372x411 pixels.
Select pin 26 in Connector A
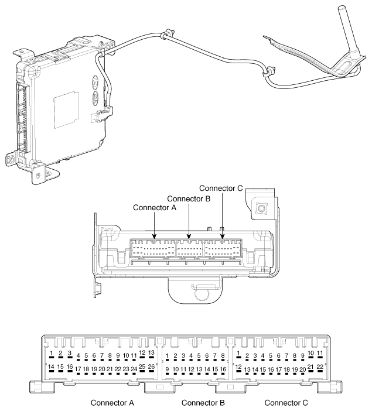point(151,367)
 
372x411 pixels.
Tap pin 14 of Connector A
point(51,367)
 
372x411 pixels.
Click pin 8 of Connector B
point(223,356)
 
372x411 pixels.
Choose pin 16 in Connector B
point(223,369)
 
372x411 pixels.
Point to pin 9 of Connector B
point(168,369)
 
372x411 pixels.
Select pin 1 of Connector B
point(168,356)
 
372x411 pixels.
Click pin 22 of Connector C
point(320,367)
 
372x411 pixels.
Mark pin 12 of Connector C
point(238,367)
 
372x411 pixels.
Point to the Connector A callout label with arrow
point(155,208)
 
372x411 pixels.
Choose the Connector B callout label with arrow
point(189,198)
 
